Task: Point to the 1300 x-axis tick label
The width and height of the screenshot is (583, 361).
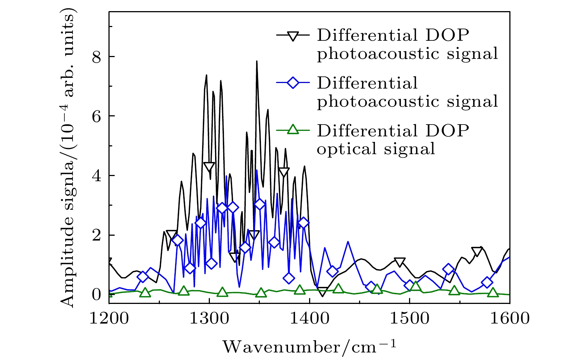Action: point(209,318)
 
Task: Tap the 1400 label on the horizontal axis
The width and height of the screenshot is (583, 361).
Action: point(309,318)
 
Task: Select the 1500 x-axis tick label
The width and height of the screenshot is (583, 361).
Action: point(410,318)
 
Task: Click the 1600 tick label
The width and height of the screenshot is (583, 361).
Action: point(510,318)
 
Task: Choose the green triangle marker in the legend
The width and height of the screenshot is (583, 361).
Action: point(293,129)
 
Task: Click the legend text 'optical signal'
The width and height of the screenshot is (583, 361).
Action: point(376,149)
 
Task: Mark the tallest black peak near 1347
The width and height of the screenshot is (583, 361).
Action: point(257,62)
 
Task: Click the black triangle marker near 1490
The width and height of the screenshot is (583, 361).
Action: point(400,262)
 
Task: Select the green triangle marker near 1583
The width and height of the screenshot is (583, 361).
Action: point(493,292)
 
